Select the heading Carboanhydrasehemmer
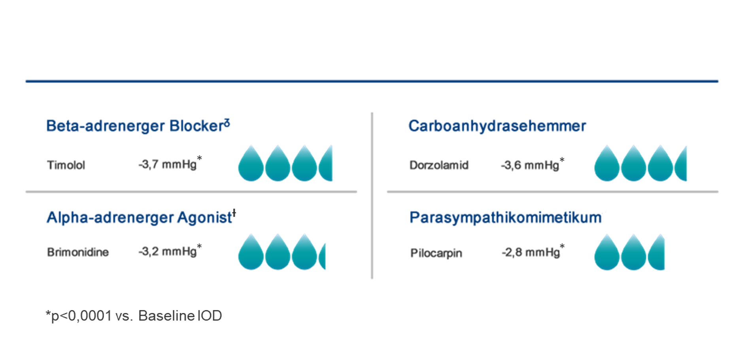[497, 126]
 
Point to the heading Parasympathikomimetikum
[505, 217]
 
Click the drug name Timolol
[66, 165]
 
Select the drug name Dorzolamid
[439, 165]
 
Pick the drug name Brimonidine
[78, 252]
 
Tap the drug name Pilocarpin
[436, 253]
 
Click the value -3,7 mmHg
[168, 164]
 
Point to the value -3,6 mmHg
[530, 165]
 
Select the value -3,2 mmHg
[168, 251]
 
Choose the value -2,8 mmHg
[531, 252]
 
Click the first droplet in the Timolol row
[251, 164]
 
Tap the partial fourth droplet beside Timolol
[326, 164]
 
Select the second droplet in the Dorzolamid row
[633, 164]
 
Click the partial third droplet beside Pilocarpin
[657, 253]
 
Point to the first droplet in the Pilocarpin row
[607, 253]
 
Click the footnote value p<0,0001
[81, 316]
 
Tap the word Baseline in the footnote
[166, 316]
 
